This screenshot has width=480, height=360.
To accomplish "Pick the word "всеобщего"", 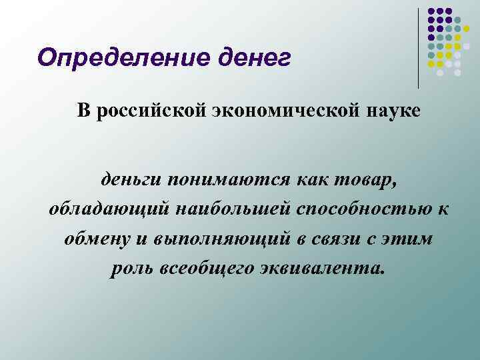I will [x=201, y=269].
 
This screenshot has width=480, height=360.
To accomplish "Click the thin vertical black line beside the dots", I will [x=419, y=47].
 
